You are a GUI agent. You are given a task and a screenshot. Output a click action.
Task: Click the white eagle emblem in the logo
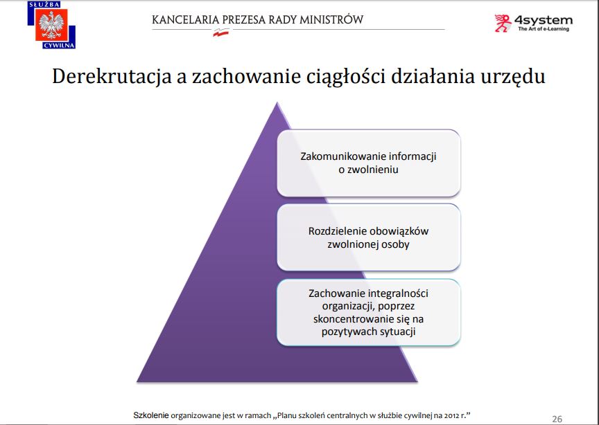[51, 25]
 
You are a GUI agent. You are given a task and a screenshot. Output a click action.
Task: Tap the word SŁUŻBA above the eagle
[44, 5]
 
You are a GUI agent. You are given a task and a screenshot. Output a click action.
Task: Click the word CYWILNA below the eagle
[59, 46]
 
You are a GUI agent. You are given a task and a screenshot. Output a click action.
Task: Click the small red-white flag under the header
[221, 33]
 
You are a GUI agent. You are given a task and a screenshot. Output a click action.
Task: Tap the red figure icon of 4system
[503, 23]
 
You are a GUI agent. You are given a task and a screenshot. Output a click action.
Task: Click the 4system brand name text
[544, 20]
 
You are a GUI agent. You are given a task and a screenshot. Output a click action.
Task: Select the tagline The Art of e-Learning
[544, 29]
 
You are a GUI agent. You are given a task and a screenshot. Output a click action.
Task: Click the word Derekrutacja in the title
[112, 76]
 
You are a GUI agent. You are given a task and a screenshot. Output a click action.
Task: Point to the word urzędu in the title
[512, 77]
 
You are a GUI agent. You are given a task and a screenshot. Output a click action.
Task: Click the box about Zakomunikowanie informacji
[369, 163]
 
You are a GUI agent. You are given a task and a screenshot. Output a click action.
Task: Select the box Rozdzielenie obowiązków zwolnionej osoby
[369, 237]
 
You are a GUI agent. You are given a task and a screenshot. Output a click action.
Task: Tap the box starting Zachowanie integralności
[369, 312]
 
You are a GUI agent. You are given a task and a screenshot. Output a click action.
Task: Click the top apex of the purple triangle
[277, 102]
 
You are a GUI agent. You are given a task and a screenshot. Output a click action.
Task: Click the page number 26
[557, 419]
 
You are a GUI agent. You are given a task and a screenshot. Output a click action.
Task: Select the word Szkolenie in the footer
[151, 415]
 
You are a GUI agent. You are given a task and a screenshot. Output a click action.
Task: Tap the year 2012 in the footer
[450, 415]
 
